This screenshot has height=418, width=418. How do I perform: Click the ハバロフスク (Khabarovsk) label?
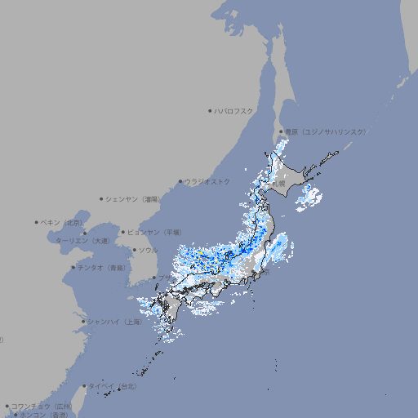click(233, 110)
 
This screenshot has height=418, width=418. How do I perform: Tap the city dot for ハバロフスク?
click(211, 110)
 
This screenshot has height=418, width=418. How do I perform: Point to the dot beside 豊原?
click(282, 131)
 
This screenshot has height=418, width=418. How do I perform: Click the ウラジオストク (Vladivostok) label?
click(207, 181)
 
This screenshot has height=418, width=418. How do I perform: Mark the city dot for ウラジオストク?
click(181, 181)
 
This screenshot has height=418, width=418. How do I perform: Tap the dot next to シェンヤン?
click(102, 198)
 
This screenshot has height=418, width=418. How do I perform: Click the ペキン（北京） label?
click(62, 222)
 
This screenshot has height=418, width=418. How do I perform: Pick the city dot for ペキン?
click(37, 222)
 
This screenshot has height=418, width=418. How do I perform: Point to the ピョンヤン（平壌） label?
click(155, 232)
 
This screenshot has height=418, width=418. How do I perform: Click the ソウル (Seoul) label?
click(147, 250)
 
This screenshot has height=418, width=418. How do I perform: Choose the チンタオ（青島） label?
click(102, 267)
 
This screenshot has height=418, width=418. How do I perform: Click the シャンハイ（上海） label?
click(115, 322)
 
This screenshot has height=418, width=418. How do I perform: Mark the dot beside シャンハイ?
click(83, 322)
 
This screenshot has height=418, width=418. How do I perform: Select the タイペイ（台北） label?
click(113, 385)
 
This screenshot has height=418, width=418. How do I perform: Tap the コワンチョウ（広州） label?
click(41, 406)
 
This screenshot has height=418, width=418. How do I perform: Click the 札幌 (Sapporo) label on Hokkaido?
click(278, 184)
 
